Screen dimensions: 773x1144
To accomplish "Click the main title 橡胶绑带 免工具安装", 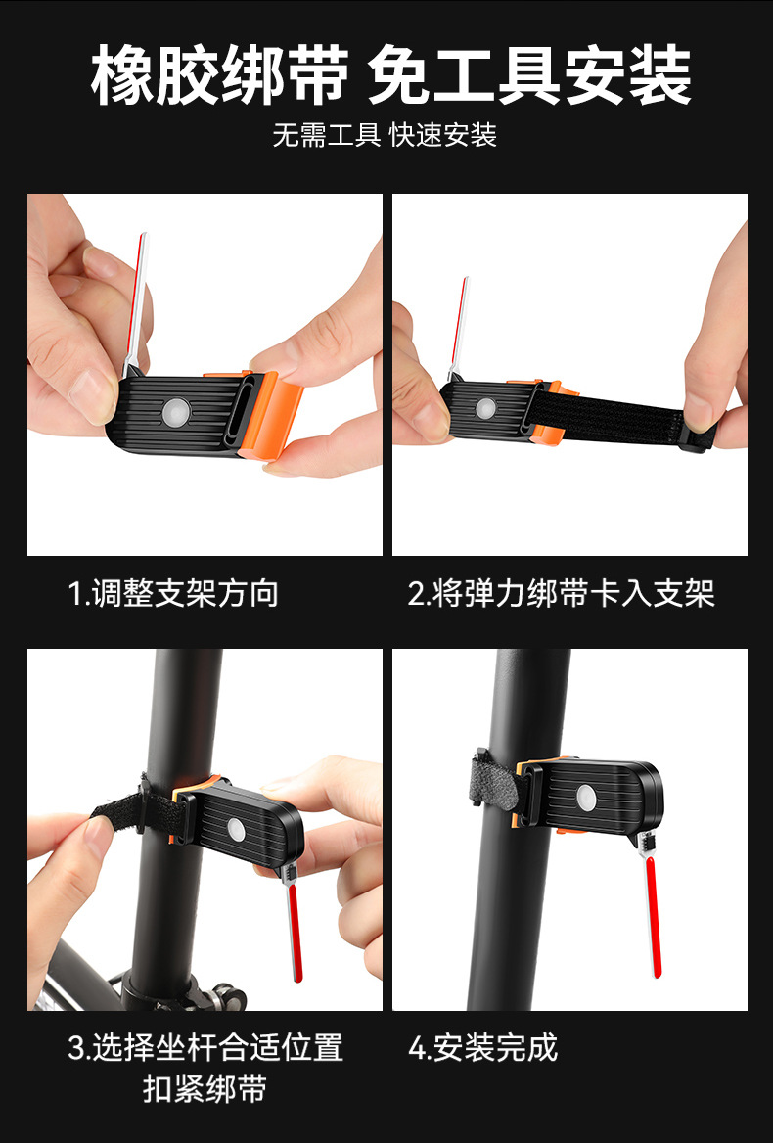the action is pos(390,75).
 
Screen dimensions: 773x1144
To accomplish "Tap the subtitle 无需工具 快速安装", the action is pos(385,135).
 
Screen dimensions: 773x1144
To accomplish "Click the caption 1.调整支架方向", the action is pos(173,593).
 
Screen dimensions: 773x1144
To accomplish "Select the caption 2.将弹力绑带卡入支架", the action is pos(561,593).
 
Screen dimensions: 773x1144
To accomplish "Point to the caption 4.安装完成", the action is pos(482,1048).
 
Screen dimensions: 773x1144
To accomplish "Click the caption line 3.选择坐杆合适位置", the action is pos(205,1048).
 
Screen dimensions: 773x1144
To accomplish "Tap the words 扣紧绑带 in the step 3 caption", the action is pos(205,1089).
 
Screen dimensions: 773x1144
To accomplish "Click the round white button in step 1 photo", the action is pos(176,411).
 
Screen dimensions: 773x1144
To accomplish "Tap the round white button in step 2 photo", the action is pos(485,409).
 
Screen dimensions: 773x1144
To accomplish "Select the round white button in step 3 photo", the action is pos(236,829).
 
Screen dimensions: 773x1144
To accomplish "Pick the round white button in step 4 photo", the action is pos(586,798).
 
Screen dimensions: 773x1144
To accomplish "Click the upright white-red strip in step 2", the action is pos(459,327).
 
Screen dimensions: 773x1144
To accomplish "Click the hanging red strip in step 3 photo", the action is pos(294,931).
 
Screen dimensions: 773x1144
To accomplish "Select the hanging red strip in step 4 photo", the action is pos(654,917).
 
